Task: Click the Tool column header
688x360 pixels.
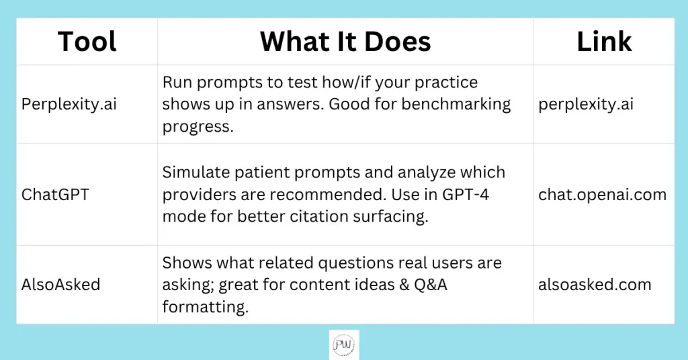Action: pos(87,42)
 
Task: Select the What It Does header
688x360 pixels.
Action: pos(345,42)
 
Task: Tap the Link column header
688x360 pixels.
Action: pos(604,42)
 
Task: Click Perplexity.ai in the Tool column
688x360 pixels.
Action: pos(69,104)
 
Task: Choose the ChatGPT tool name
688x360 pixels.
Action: pos(55,194)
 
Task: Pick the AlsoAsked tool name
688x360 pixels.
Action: pos(60,285)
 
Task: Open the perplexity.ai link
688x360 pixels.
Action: pos(586,104)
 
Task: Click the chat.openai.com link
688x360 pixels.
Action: pos(603,194)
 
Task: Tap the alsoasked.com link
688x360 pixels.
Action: pos(595,285)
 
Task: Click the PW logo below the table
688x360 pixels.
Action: pos(344,345)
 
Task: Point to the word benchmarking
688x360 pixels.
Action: pos(456,104)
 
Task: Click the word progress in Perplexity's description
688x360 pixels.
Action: pos(198,127)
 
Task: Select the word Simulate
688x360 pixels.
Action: pos(196,173)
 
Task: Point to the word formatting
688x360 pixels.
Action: pos(206,307)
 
